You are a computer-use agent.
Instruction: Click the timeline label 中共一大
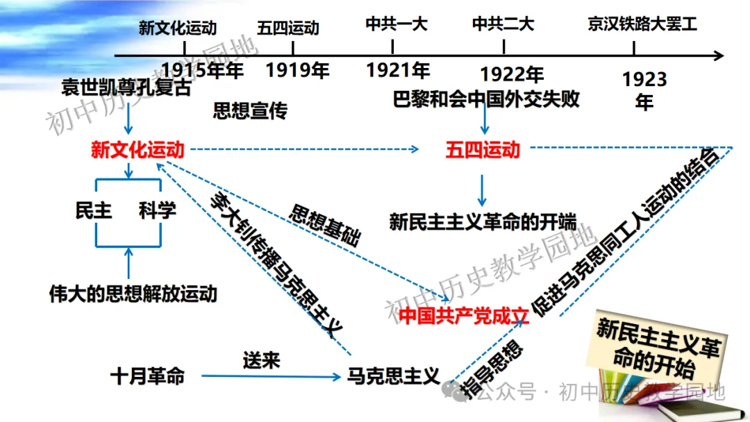click(x=396, y=24)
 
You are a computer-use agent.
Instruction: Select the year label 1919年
click(x=297, y=70)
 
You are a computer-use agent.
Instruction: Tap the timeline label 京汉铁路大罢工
click(x=642, y=24)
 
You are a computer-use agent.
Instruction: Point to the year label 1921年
click(x=398, y=70)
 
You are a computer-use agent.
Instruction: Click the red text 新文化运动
click(x=137, y=150)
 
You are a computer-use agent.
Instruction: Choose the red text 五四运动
click(x=483, y=150)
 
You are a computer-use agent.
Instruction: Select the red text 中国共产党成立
click(x=463, y=315)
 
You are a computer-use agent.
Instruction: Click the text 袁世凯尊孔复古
click(x=126, y=87)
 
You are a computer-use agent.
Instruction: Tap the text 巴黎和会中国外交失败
click(x=486, y=99)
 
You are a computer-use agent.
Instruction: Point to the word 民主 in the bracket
click(x=94, y=210)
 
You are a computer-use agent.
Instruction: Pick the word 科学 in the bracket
click(x=158, y=210)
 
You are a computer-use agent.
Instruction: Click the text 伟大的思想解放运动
click(x=133, y=294)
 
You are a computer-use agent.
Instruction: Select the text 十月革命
click(x=147, y=376)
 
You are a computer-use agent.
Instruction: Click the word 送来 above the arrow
click(x=261, y=360)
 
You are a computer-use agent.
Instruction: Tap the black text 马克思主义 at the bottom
click(x=393, y=376)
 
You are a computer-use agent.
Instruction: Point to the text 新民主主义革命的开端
click(x=483, y=221)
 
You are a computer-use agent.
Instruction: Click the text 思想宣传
click(x=250, y=111)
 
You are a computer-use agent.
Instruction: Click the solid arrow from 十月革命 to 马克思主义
click(x=271, y=376)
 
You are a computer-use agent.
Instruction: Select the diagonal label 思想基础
click(x=325, y=225)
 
